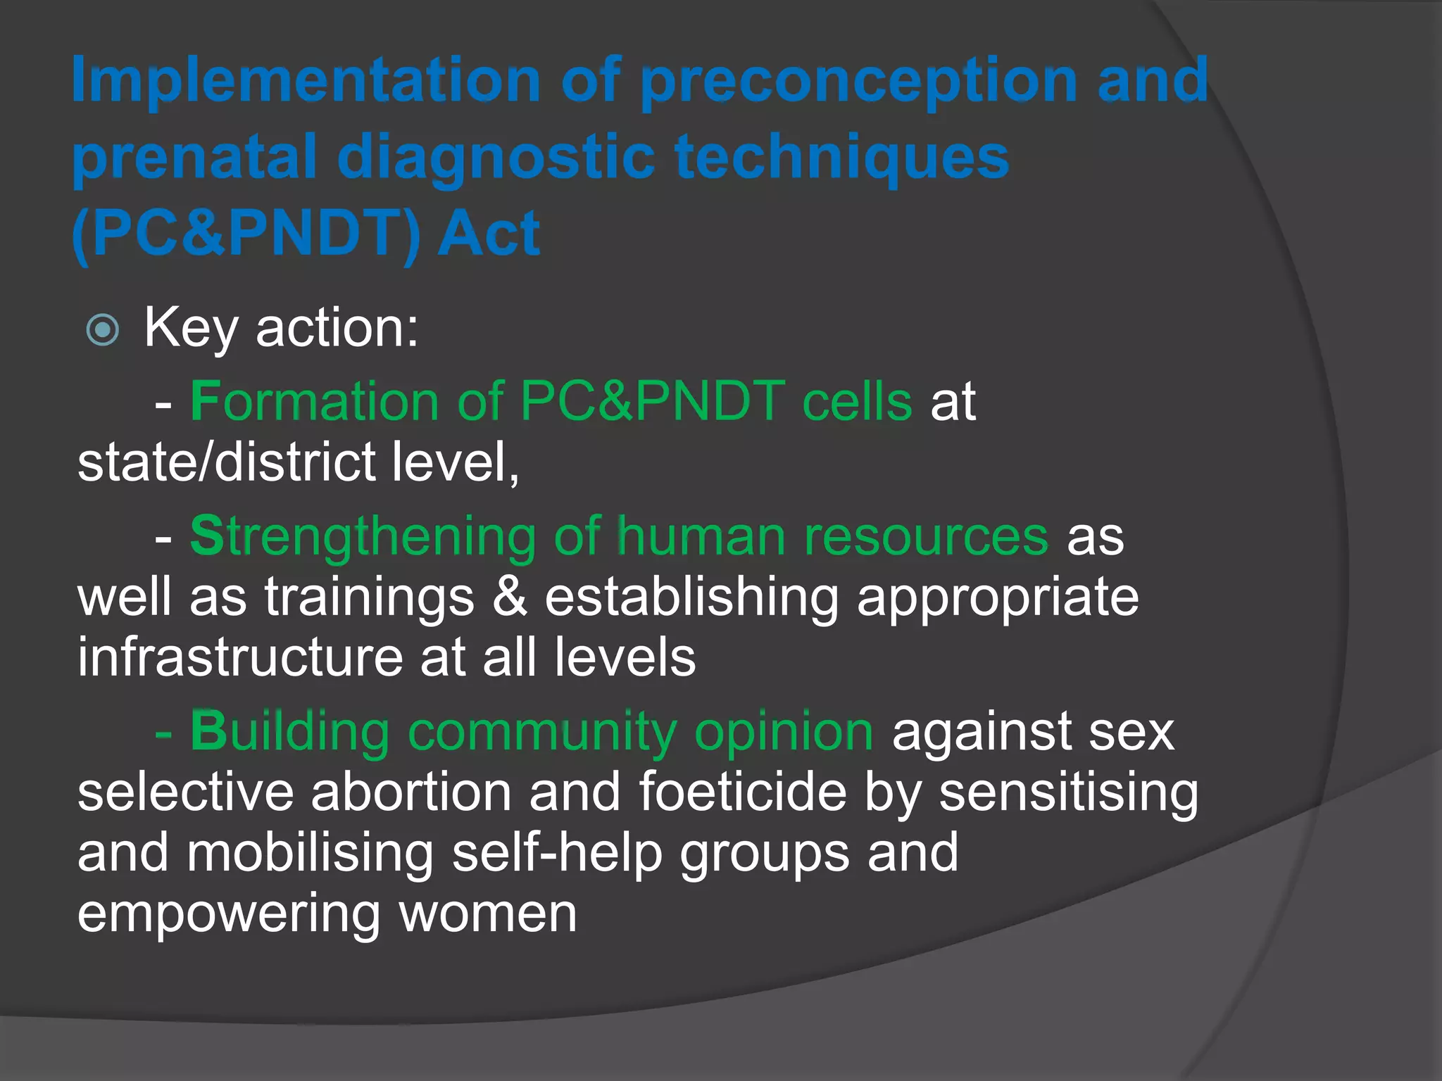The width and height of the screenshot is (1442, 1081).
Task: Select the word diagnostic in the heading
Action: (x=496, y=158)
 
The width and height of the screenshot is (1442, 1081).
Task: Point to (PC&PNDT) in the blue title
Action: (x=246, y=234)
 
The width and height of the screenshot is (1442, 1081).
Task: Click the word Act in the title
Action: (x=489, y=234)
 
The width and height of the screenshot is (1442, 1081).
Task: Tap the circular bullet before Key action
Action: (x=103, y=329)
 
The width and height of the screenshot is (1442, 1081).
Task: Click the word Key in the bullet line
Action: (x=190, y=329)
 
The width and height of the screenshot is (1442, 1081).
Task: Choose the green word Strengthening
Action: (x=363, y=537)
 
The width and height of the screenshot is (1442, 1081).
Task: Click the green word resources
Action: (x=926, y=537)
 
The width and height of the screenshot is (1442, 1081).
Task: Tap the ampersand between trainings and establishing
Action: (x=510, y=597)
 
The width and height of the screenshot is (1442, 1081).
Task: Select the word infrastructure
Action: (x=239, y=657)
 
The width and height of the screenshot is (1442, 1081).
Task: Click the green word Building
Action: (x=289, y=732)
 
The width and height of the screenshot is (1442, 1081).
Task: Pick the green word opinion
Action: (x=784, y=732)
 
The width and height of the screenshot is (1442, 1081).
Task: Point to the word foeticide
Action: (x=743, y=792)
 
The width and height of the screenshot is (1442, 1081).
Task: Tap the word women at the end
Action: (x=487, y=914)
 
